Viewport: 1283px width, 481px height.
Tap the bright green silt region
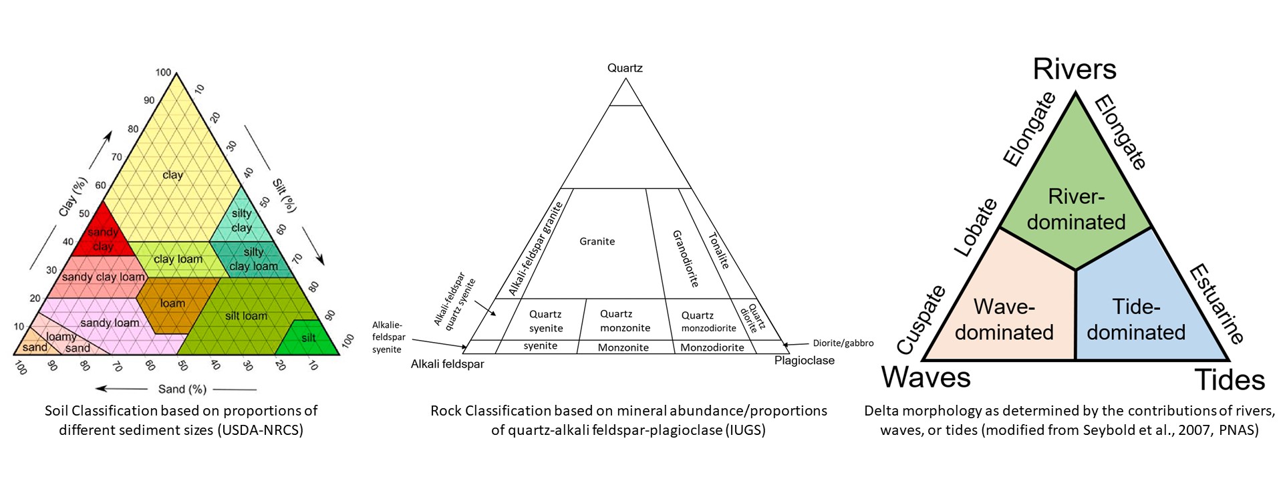[308, 338]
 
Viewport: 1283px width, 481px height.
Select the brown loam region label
[172, 303]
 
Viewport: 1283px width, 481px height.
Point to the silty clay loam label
[253, 259]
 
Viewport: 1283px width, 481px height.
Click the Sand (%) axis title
[182, 389]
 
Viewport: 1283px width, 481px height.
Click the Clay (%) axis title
[74, 196]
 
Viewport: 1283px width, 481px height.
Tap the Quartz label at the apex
[625, 68]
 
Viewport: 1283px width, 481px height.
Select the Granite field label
[597, 241]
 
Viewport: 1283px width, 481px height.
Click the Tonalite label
[718, 251]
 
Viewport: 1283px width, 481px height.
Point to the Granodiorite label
[685, 259]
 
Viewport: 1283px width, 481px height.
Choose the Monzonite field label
[623, 347]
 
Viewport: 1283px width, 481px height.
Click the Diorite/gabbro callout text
[843, 343]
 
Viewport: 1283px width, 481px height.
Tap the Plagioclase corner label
[805, 361]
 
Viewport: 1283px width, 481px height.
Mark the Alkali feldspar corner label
[447, 364]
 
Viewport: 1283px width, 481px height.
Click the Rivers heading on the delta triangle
[1075, 69]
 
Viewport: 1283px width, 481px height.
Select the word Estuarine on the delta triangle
[1217, 304]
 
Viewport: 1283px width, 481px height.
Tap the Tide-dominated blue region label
[1136, 319]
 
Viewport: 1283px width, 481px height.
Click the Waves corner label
[925, 377]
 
